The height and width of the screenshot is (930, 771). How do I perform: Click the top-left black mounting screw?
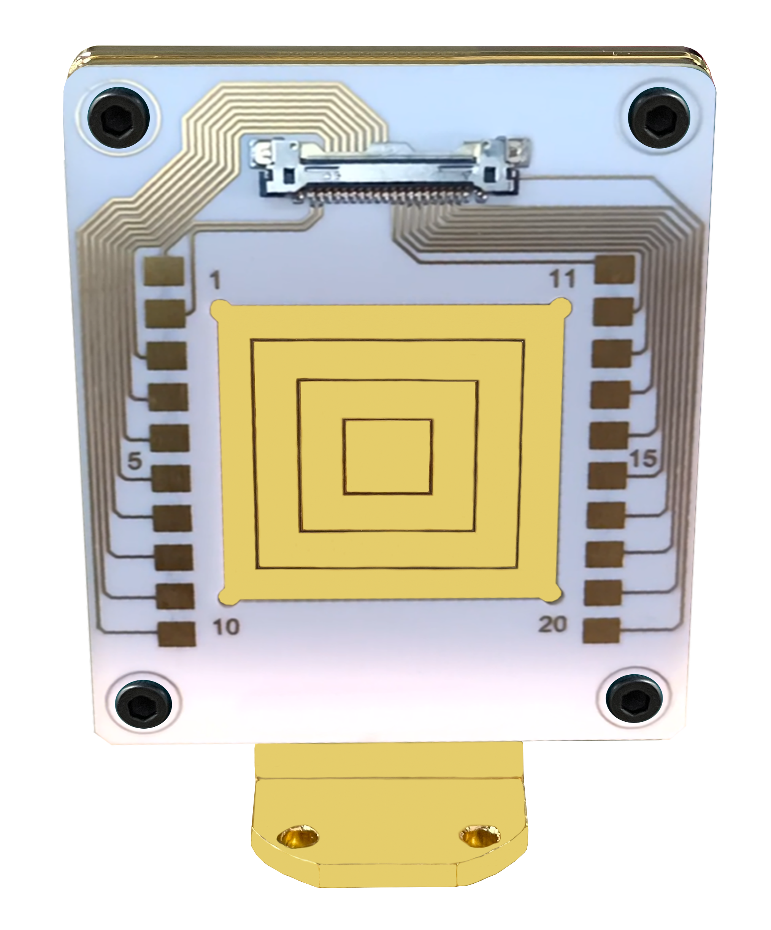click(118, 117)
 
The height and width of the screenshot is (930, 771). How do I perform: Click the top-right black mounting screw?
click(659, 117)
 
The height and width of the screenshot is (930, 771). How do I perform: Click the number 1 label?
click(215, 280)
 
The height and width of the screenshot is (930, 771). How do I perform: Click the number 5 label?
click(135, 461)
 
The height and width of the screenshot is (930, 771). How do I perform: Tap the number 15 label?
click(643, 459)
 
